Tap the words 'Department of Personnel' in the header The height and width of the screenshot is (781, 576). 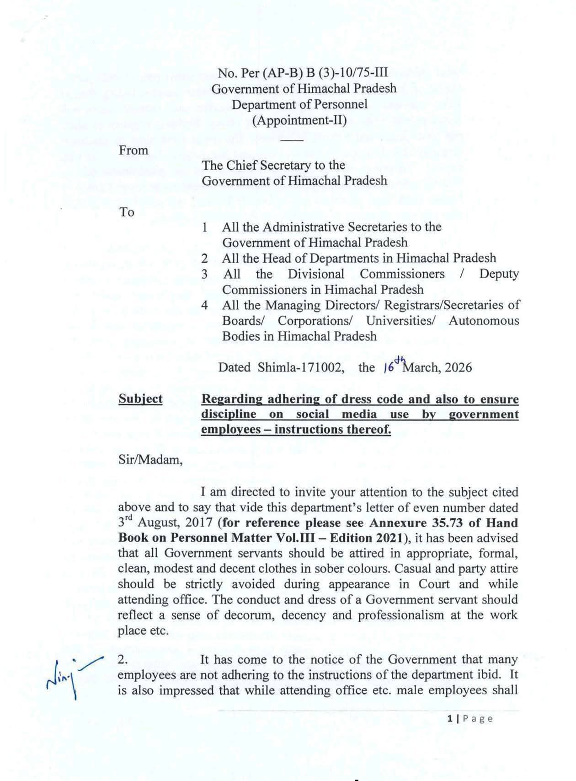tap(299, 104)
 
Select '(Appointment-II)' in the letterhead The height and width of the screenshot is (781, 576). tap(299, 120)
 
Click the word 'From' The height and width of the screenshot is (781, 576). tap(133, 151)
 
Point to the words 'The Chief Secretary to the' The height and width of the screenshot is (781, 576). tap(273, 165)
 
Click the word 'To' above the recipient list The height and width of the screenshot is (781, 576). tap(127, 212)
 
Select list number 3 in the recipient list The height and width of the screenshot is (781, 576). tap(205, 275)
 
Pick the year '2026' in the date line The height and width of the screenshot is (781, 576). tap(457, 368)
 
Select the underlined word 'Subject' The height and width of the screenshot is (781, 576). tap(140, 399)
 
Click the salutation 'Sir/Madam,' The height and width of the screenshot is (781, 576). tap(150, 460)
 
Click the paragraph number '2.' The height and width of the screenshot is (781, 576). tap(122, 660)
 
